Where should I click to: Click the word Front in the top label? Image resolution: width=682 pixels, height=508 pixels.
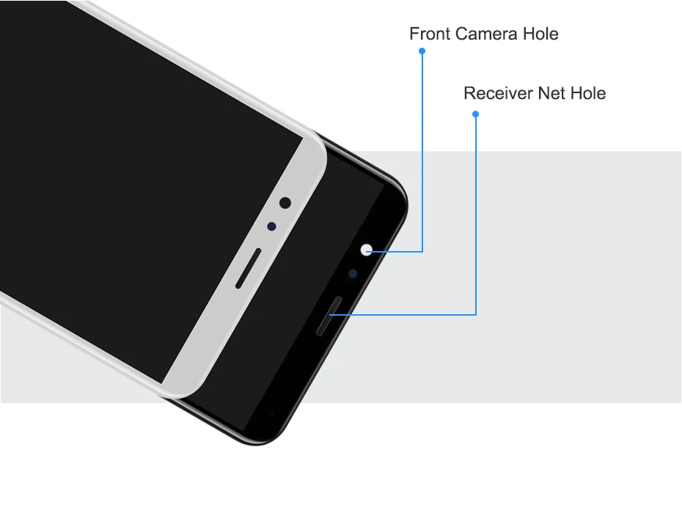coord(430,34)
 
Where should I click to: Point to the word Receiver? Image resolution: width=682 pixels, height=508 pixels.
coord(498,93)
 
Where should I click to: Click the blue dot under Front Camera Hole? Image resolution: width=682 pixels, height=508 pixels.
coord(422,51)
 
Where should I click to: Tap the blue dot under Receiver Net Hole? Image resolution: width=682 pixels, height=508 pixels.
coord(476,114)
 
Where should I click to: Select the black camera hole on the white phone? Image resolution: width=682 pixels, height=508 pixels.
coord(285,203)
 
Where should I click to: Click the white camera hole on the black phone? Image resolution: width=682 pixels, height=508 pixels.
coord(367,250)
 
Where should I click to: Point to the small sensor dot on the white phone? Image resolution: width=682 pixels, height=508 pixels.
coord(271,226)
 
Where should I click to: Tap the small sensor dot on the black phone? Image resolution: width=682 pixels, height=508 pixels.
coord(353,273)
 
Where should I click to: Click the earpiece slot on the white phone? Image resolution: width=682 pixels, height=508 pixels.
coord(249,268)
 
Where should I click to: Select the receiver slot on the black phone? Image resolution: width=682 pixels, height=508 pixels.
coord(330,316)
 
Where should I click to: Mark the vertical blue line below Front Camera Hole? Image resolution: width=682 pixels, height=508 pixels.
coord(422,147)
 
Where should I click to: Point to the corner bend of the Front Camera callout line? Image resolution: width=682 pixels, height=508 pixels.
coord(422,252)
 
